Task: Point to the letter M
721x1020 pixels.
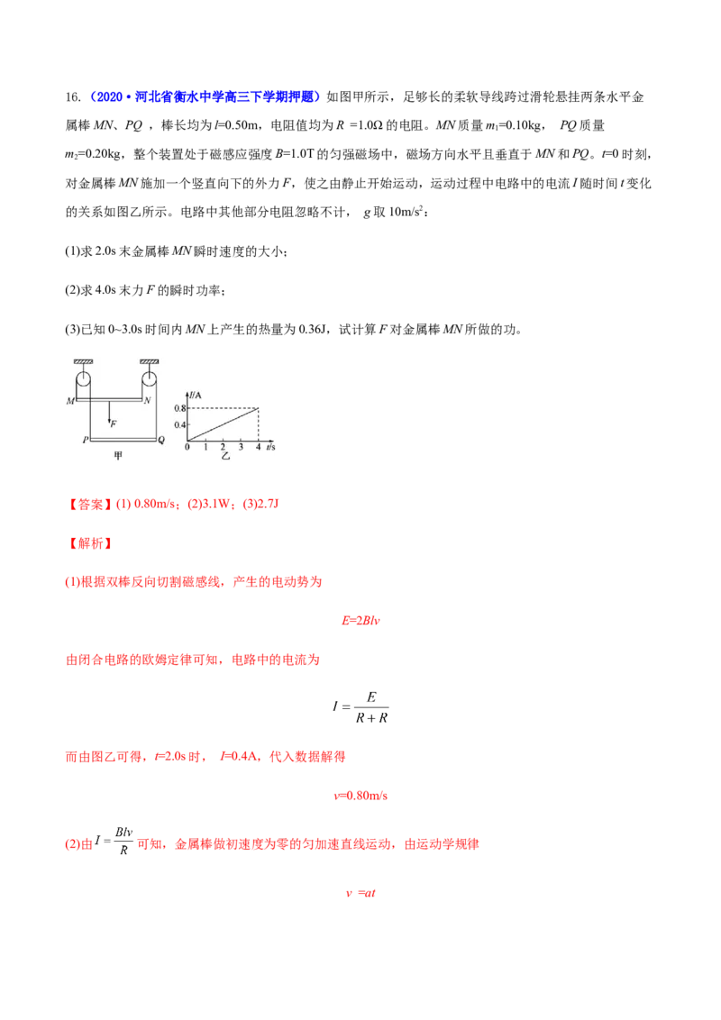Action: click(x=69, y=400)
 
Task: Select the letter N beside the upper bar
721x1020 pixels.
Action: click(x=148, y=400)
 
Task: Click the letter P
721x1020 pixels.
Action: click(x=84, y=441)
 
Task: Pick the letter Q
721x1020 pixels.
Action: click(x=161, y=441)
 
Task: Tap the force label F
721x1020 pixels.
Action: click(x=114, y=423)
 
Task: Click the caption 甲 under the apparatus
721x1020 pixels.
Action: click(x=117, y=457)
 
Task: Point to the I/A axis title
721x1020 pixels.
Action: click(x=194, y=395)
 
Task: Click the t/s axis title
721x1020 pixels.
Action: click(x=270, y=447)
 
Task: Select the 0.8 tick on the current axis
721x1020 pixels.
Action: click(x=179, y=409)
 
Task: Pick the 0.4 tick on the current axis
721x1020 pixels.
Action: click(x=179, y=424)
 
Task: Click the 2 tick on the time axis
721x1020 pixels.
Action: click(x=224, y=447)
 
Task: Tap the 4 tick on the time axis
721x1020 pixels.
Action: click(x=259, y=447)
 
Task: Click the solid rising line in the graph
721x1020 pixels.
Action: click(x=224, y=424)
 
